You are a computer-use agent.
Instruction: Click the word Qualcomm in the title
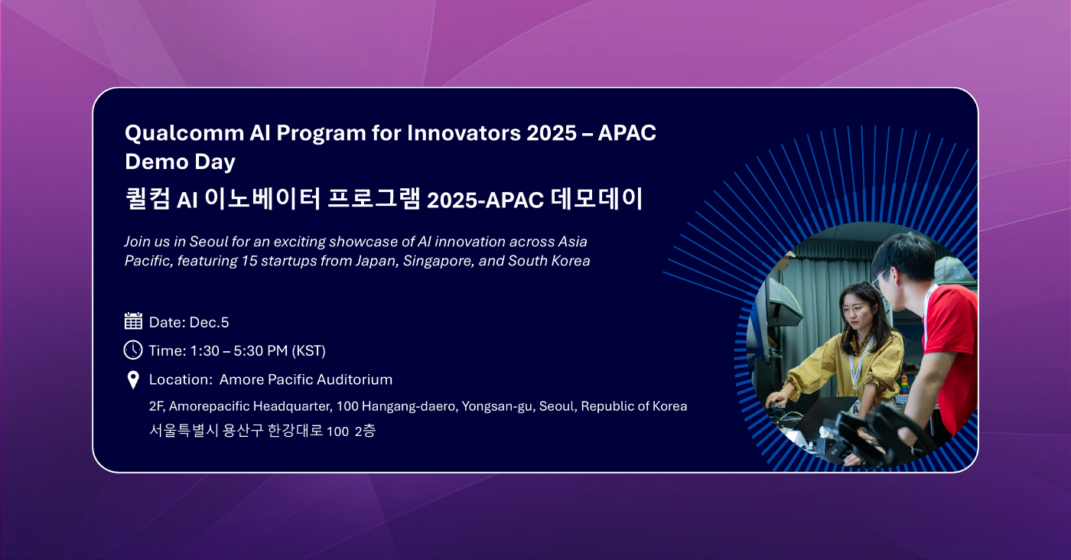(184, 133)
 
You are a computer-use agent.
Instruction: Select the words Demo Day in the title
(181, 161)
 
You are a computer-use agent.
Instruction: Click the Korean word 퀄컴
(147, 198)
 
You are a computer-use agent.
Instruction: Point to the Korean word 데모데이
(597, 198)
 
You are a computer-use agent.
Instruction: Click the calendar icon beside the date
(133, 321)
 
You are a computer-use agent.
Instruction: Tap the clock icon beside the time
(133, 350)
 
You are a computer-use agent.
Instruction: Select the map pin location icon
(133, 380)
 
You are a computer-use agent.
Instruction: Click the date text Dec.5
(209, 322)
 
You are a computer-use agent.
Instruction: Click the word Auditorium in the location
(354, 379)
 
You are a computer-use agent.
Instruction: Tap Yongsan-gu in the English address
(498, 406)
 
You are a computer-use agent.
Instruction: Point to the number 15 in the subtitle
(249, 261)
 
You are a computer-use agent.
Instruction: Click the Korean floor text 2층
(366, 431)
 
